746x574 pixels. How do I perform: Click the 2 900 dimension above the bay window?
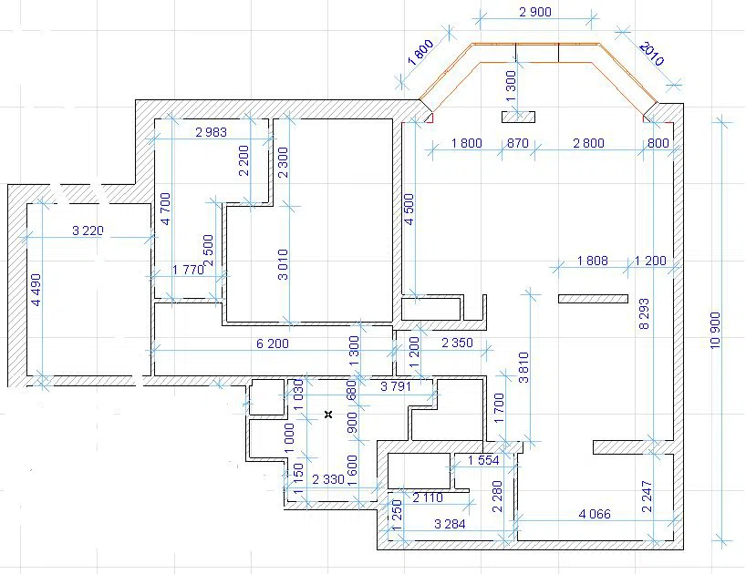tap(535, 12)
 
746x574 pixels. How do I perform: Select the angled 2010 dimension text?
tap(651, 53)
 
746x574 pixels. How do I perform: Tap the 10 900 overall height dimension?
tap(716, 330)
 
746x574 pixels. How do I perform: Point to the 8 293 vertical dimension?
tap(644, 313)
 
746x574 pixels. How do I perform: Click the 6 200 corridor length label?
tap(273, 343)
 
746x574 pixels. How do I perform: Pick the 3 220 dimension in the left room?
tap(88, 231)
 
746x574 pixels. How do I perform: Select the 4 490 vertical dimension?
tap(36, 290)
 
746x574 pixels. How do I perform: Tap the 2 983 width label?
tap(212, 132)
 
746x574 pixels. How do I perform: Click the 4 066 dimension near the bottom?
tap(595, 514)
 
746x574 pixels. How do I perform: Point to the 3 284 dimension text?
tap(451, 524)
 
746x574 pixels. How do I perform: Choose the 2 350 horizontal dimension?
tap(457, 343)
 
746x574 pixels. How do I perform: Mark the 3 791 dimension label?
tap(396, 386)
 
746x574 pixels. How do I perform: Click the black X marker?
tap(328, 415)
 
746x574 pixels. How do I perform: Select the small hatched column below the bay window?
tap(518, 117)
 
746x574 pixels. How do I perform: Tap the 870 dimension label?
tap(518, 143)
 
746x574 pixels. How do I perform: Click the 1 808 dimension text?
tap(592, 261)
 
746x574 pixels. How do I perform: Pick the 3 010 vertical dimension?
tap(283, 264)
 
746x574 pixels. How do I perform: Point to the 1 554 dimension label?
tap(483, 460)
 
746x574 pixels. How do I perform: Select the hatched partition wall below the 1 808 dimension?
tap(594, 299)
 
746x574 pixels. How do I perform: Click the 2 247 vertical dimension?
tap(647, 496)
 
